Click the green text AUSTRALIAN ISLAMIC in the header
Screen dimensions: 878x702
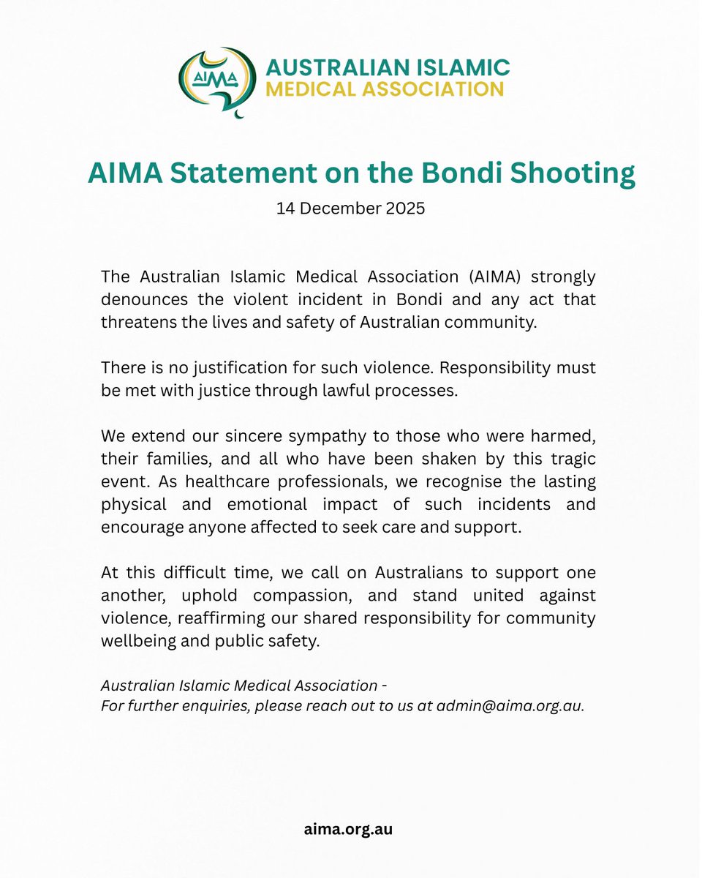[388, 67]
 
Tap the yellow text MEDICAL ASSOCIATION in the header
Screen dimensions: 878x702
[385, 89]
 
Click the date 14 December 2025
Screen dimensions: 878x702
[350, 209]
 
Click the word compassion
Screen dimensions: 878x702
[319, 595]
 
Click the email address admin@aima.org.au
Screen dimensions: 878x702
[510, 708]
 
